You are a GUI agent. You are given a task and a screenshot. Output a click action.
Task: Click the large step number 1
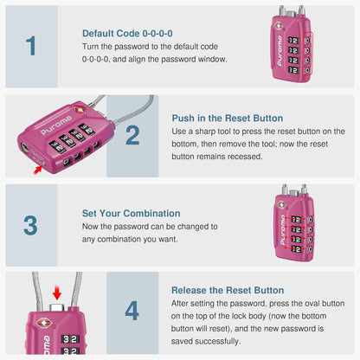(x=31, y=46)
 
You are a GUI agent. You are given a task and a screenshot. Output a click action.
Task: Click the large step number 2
(x=132, y=135)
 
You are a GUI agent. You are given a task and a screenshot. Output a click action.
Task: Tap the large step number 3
(x=31, y=225)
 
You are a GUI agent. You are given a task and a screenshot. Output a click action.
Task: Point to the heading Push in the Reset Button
(x=227, y=119)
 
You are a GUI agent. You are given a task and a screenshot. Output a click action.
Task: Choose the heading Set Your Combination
(x=131, y=213)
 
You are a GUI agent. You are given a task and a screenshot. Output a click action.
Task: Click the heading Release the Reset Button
(x=227, y=291)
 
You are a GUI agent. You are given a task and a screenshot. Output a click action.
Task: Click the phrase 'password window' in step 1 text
(x=196, y=59)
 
